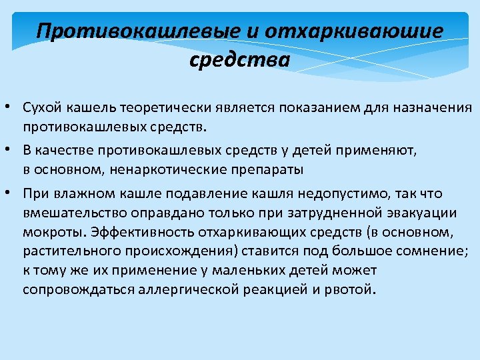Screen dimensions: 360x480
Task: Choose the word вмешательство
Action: tap(68, 213)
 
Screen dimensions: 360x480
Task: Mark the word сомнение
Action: tap(413, 251)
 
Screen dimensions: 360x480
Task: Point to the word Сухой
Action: tap(42, 108)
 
